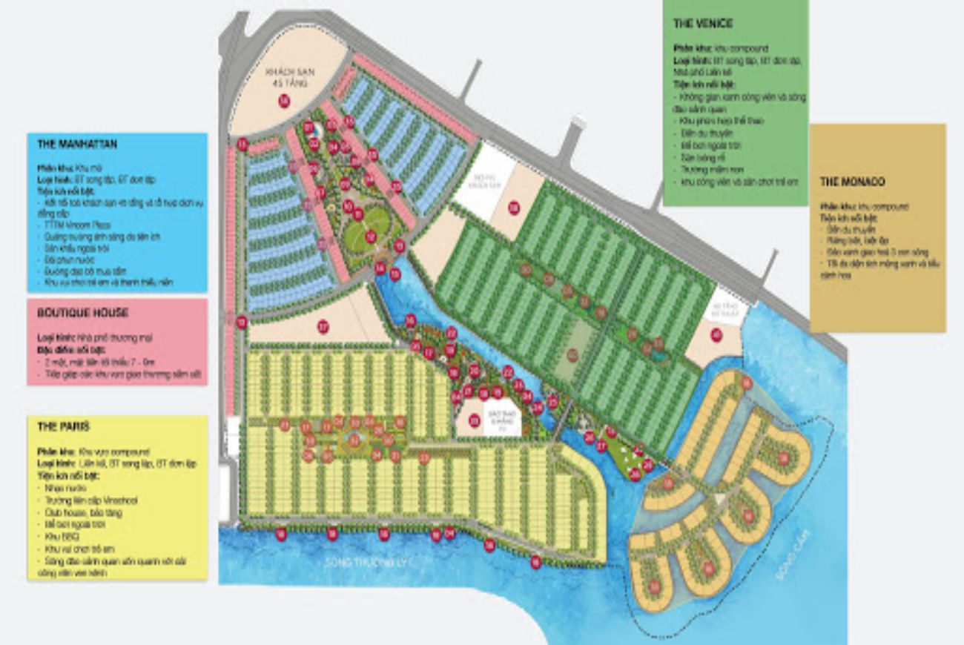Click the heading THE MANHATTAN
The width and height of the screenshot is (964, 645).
pyautogui.click(x=77, y=144)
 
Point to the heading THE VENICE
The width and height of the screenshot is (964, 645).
pyautogui.click(x=702, y=24)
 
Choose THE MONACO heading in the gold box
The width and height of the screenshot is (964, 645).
pyautogui.click(x=852, y=182)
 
